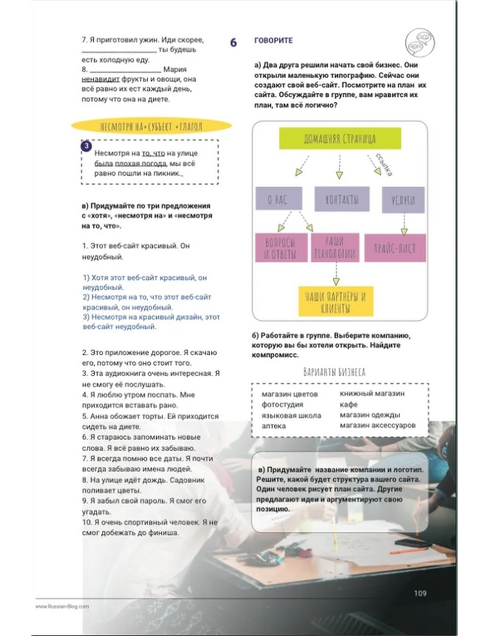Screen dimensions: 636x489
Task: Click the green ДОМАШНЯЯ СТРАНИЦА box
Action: [x=340, y=138]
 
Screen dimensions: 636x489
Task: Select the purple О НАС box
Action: [x=278, y=199]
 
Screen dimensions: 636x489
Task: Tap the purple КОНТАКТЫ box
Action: [x=341, y=199]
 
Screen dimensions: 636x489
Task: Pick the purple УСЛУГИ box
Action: [x=403, y=200]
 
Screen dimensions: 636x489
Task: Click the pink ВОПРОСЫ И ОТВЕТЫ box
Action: [x=281, y=248]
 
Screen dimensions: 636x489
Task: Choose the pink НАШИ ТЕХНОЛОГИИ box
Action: [x=334, y=247]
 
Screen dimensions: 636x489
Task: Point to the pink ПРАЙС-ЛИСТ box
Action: [x=395, y=248]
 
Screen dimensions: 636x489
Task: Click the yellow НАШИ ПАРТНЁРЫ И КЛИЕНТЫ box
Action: [x=335, y=301]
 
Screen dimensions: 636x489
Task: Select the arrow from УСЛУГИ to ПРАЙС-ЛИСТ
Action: [x=404, y=224]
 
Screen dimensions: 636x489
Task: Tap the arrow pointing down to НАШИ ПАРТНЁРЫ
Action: [x=336, y=274]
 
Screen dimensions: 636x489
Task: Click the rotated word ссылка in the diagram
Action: [x=384, y=164]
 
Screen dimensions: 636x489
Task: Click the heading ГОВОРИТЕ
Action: [x=273, y=41]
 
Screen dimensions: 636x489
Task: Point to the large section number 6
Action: [x=233, y=43]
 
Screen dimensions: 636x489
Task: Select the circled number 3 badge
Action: [x=87, y=146]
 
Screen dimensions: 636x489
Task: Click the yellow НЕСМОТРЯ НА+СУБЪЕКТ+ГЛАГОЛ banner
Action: [x=151, y=127]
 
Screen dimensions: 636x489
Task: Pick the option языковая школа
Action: [x=291, y=415]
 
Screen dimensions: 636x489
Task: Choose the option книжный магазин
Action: [x=372, y=393]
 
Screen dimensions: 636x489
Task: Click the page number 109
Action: [x=420, y=593]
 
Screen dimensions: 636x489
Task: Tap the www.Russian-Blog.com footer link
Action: [x=62, y=606]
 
